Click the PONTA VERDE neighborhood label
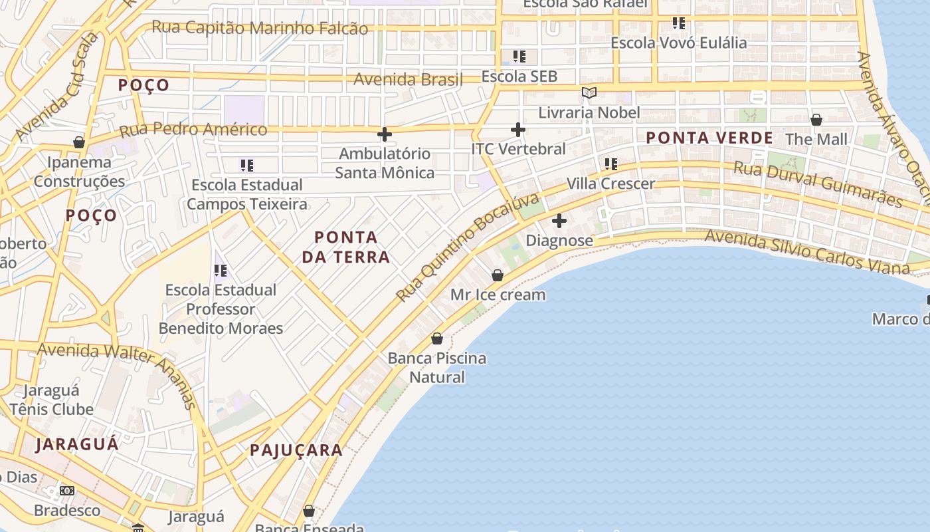click(709, 138)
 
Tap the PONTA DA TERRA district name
click(345, 247)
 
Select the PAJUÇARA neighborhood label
click(296, 450)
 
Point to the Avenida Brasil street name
click(408, 79)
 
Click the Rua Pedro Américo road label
click(193, 129)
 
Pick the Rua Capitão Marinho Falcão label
click(259, 28)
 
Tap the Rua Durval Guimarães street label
click(817, 184)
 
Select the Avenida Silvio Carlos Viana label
click(806, 251)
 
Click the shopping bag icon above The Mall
click(816, 120)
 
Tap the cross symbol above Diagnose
click(559, 220)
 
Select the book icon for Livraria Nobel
click(589, 92)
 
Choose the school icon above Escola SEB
click(519, 57)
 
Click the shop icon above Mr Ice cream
click(498, 275)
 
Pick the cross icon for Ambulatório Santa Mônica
click(384, 134)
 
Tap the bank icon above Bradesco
click(67, 491)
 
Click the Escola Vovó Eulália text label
click(678, 43)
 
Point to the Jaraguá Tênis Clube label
click(51, 400)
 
